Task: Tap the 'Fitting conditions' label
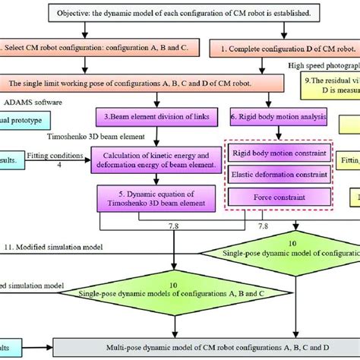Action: [x=53, y=155]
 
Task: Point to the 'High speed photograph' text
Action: [x=323, y=66]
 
